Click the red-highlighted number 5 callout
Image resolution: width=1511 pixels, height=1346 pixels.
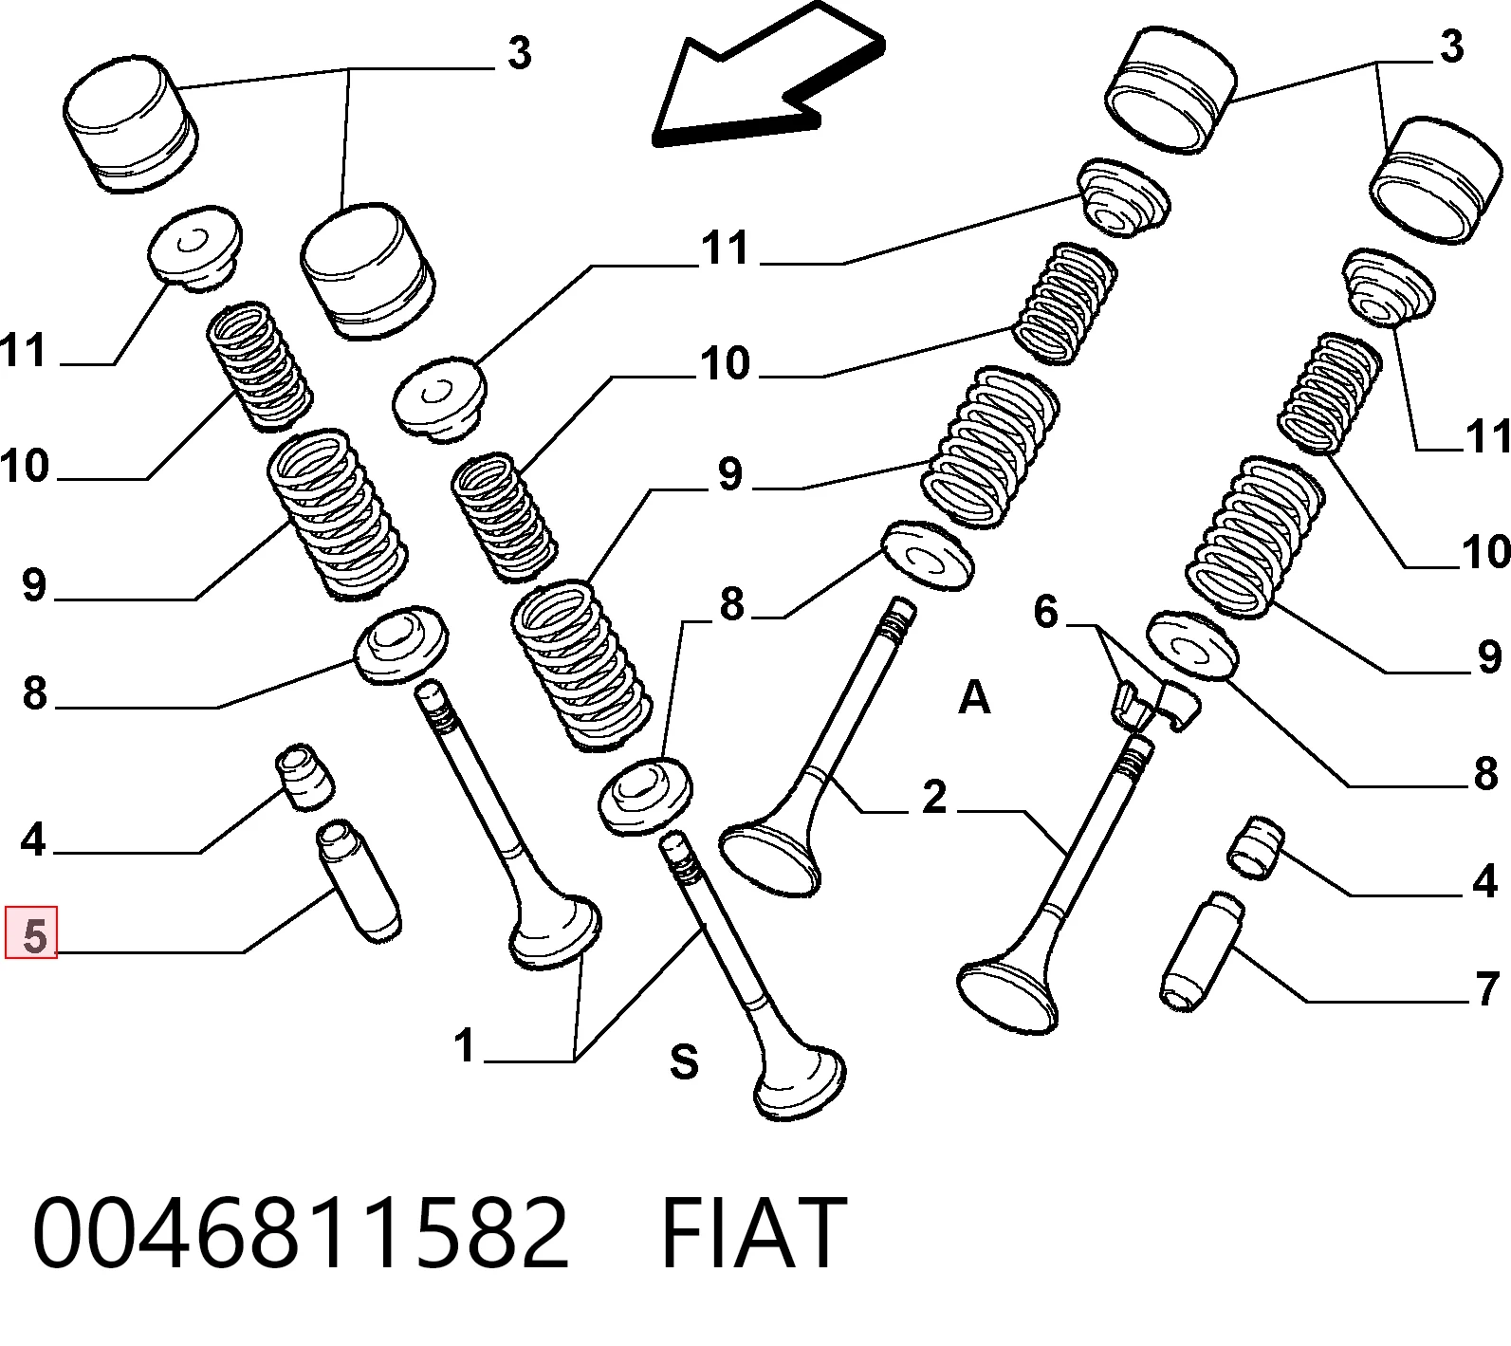click(x=31, y=932)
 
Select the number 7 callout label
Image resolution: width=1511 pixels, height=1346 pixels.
click(x=1487, y=988)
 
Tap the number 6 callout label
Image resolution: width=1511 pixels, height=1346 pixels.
click(x=1046, y=612)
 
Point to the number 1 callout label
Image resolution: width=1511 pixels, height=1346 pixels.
click(x=464, y=1046)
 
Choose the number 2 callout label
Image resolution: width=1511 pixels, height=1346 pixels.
click(x=934, y=796)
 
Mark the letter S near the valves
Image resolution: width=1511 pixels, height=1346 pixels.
click(x=684, y=1061)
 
